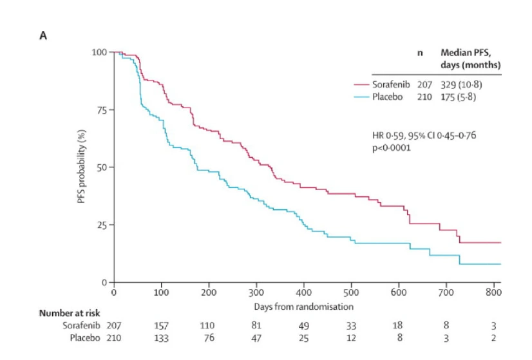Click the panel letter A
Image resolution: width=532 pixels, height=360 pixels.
pos(43,35)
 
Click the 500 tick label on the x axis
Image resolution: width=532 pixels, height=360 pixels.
pos(352,292)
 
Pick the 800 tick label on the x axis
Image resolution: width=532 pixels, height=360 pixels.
pos(494,292)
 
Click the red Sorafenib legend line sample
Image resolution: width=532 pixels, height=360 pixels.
pos(361,84)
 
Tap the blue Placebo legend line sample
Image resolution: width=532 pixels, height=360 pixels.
pos(361,97)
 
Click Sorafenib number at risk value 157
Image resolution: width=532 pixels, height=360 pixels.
pos(161,325)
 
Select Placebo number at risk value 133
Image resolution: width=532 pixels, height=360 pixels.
pos(161,338)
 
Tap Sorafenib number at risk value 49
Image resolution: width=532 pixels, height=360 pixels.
pos(304,325)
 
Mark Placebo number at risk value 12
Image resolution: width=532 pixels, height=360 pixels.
pos(352,338)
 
